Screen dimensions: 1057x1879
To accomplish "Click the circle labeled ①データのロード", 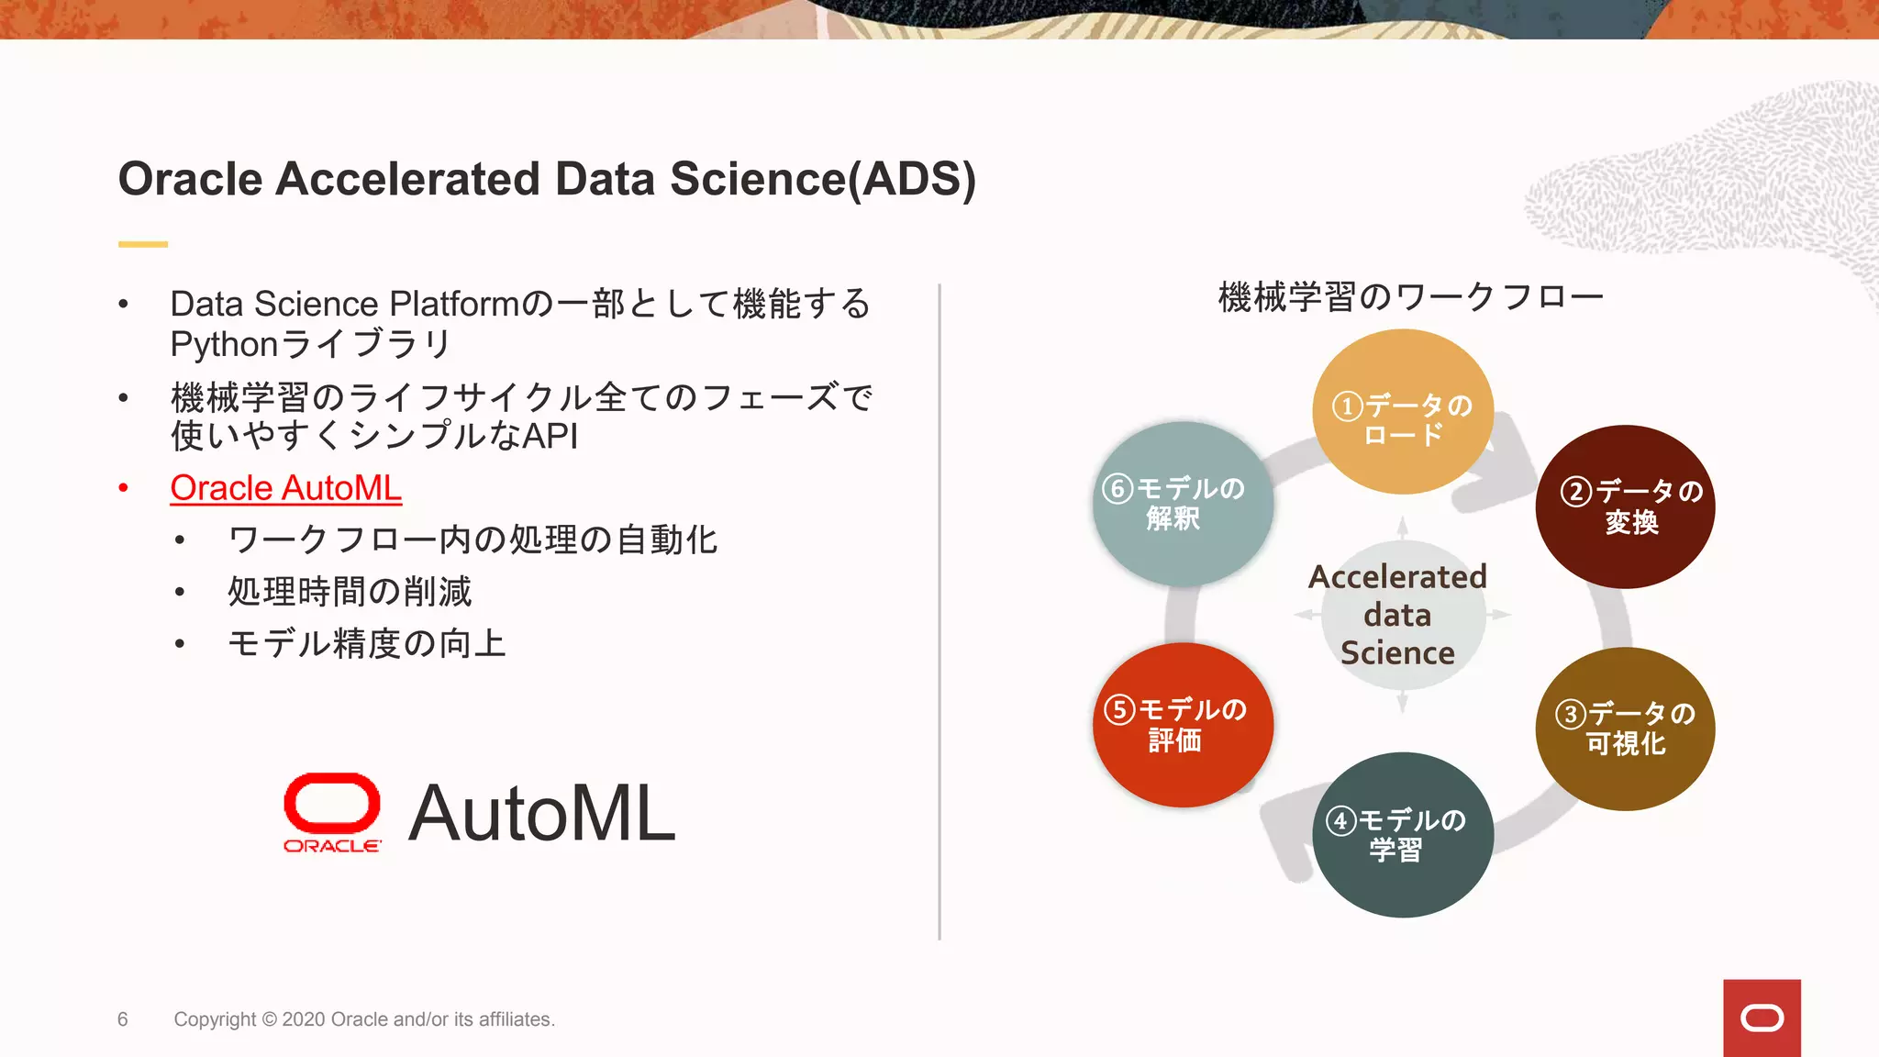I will click(1402, 412).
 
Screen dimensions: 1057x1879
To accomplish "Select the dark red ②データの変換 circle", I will click(1625, 506).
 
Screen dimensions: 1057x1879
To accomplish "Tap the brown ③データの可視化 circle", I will click(1625, 729).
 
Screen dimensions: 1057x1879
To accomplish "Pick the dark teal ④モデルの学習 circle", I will click(1402, 835).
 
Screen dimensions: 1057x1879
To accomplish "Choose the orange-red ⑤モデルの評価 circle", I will click(1183, 725).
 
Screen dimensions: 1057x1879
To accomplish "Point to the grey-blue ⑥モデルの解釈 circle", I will click(1183, 504).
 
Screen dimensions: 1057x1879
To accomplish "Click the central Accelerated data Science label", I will click(1397, 615).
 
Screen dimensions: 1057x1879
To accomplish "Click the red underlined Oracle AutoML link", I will click(285, 488).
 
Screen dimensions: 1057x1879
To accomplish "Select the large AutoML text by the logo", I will click(541, 813).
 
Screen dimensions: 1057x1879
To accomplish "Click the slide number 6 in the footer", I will click(123, 1019).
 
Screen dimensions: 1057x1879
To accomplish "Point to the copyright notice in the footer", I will click(364, 1019).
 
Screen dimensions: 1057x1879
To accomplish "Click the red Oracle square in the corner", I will click(1762, 1018).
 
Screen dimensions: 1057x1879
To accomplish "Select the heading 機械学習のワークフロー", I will click(1410, 297).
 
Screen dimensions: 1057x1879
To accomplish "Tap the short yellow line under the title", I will click(143, 244).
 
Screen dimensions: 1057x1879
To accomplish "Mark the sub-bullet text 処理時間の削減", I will click(350, 592).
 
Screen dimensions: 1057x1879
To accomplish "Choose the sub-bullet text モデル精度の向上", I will click(367, 644).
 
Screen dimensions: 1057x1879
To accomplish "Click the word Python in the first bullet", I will click(224, 345).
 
